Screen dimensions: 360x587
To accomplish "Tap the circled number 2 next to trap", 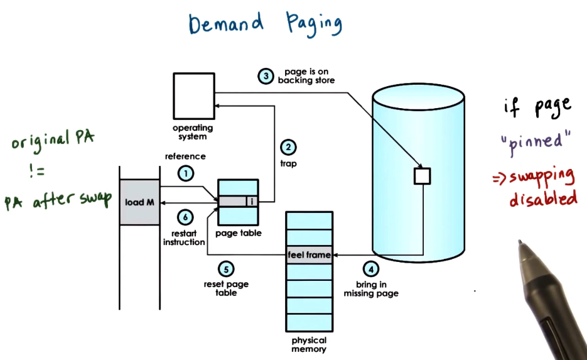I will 287,148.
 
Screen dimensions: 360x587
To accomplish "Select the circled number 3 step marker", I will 266,76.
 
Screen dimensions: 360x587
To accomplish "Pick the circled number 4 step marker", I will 371,268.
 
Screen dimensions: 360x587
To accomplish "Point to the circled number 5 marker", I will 226,269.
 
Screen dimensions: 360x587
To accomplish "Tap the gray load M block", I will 140,202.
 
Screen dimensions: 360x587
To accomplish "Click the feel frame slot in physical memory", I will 309,255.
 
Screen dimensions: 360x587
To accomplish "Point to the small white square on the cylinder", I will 422,176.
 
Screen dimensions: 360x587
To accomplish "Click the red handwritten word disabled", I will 542,199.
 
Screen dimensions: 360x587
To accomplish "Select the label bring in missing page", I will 371,289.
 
